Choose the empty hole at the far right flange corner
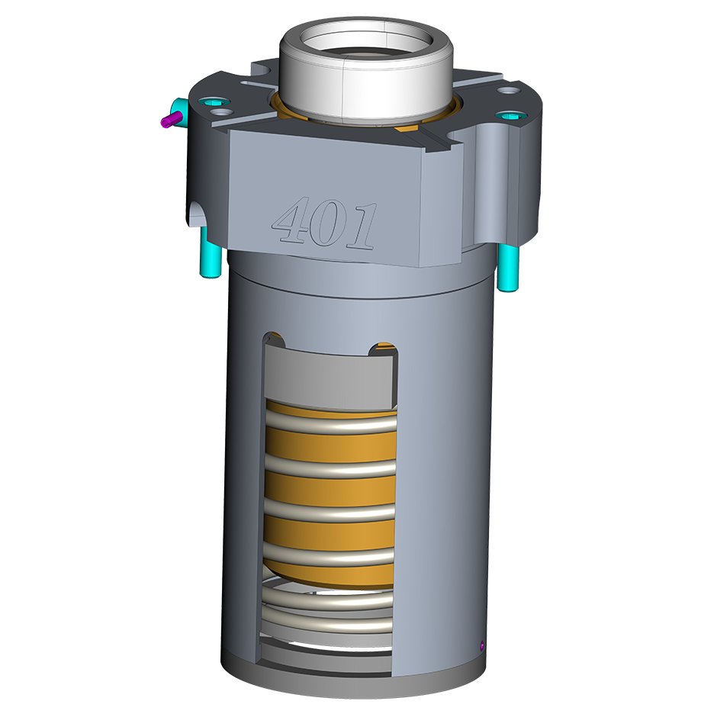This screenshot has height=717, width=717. [x=508, y=91]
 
